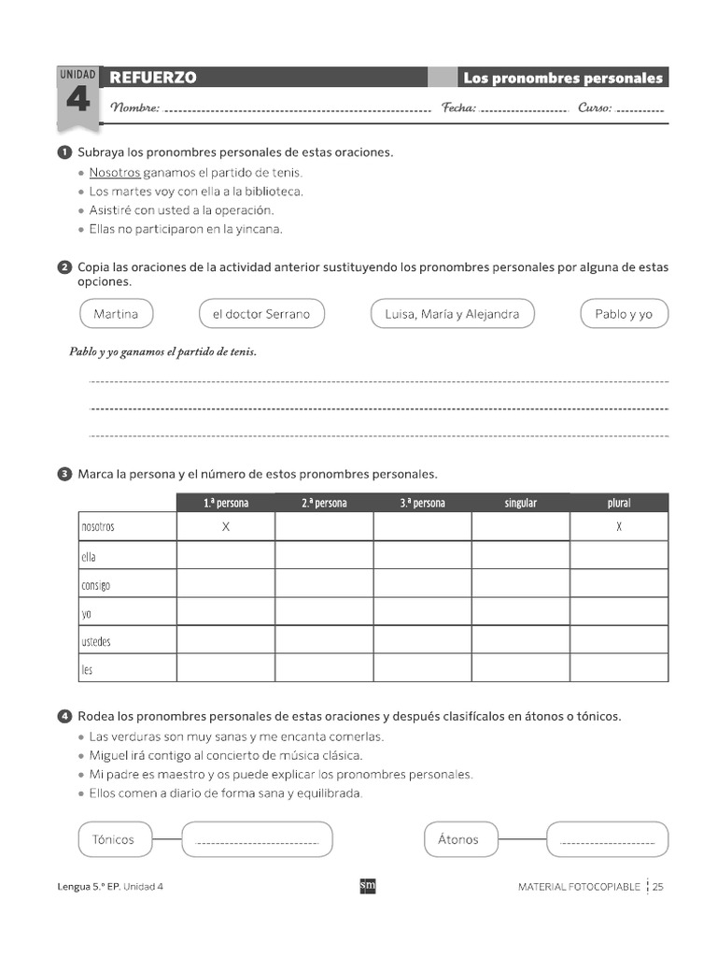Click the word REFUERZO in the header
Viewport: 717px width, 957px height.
[153, 78]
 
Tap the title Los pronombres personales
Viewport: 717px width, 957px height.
[562, 78]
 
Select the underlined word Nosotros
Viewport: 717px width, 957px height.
[115, 172]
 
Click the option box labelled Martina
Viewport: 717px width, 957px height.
[116, 314]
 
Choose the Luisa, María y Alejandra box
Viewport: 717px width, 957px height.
[452, 314]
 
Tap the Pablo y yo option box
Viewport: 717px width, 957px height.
[624, 314]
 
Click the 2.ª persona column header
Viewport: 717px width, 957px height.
[324, 503]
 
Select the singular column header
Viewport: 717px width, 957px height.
[521, 503]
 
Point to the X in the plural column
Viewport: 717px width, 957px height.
[619, 527]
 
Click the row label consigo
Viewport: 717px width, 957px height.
[95, 585]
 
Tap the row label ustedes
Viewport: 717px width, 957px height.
[96, 641]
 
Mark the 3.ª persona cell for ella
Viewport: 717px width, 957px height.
[422, 556]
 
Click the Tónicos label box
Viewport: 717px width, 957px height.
[114, 839]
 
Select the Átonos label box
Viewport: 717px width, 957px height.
[458, 839]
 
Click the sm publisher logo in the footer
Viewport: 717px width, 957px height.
[368, 886]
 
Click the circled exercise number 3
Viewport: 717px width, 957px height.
[64, 474]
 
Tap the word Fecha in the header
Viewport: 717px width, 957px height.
[458, 107]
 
